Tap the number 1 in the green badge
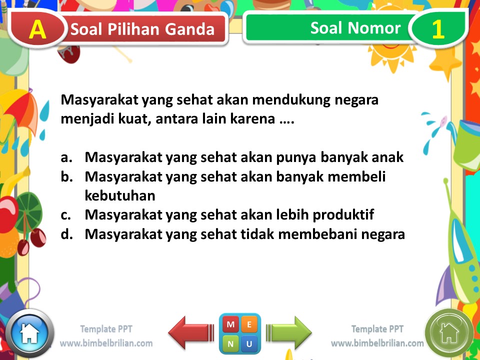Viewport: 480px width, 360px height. tap(437, 29)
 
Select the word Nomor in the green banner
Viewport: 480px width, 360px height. tap(378, 28)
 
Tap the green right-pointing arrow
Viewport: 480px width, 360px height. tap(289, 332)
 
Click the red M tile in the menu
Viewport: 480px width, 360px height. tap(230, 325)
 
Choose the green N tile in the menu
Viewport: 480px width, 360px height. tap(230, 344)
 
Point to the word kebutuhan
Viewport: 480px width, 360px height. tap(120, 195)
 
